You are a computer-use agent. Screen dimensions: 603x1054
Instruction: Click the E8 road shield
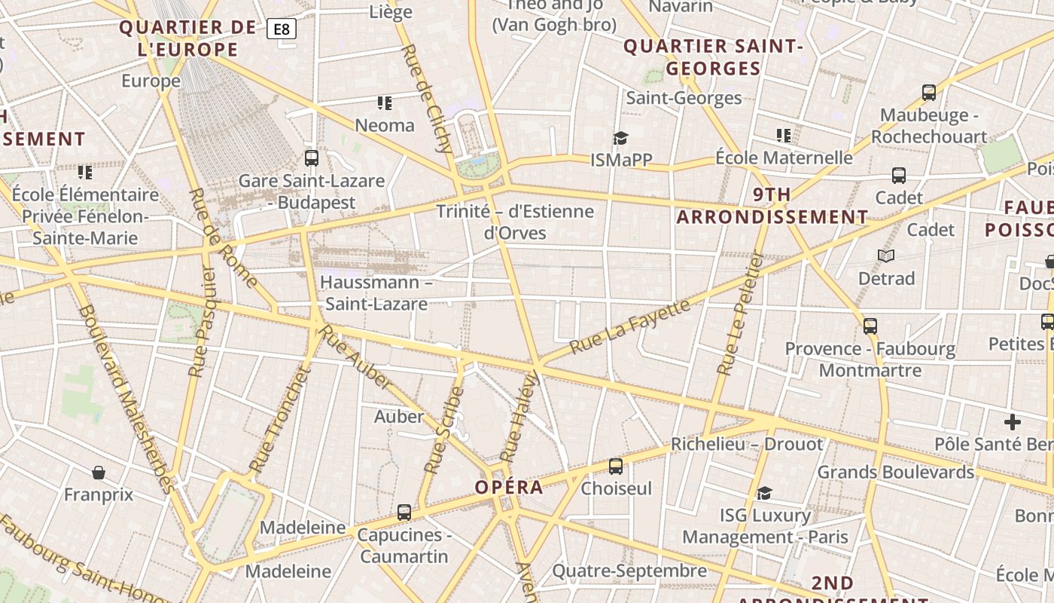pyautogui.click(x=282, y=29)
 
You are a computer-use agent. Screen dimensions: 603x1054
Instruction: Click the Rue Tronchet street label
pyautogui.click(x=279, y=420)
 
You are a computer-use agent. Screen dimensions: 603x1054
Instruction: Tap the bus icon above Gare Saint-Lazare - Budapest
pyautogui.click(x=312, y=158)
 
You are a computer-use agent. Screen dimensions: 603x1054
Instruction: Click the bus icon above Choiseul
pyautogui.click(x=616, y=467)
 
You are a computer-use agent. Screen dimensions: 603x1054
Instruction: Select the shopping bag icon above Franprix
pyautogui.click(x=98, y=473)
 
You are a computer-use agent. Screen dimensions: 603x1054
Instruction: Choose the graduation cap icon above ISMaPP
pyautogui.click(x=620, y=137)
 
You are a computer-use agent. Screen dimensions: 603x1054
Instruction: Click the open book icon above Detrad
pyautogui.click(x=886, y=256)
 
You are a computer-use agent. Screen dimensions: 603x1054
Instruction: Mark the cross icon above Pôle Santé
pyautogui.click(x=1013, y=422)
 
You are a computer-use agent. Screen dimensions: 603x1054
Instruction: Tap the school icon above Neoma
pyautogui.click(x=385, y=103)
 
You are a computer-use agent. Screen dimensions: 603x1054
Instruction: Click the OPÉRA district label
pyautogui.click(x=509, y=487)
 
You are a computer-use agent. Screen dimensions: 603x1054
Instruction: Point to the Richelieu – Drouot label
pyautogui.click(x=747, y=444)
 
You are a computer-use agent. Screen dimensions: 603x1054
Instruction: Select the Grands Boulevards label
pyautogui.click(x=896, y=473)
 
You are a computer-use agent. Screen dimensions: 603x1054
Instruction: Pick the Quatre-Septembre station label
pyautogui.click(x=629, y=571)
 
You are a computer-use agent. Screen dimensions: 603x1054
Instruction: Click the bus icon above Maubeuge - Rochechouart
pyautogui.click(x=929, y=93)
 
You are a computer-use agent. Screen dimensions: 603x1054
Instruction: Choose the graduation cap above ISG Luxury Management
pyautogui.click(x=764, y=493)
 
